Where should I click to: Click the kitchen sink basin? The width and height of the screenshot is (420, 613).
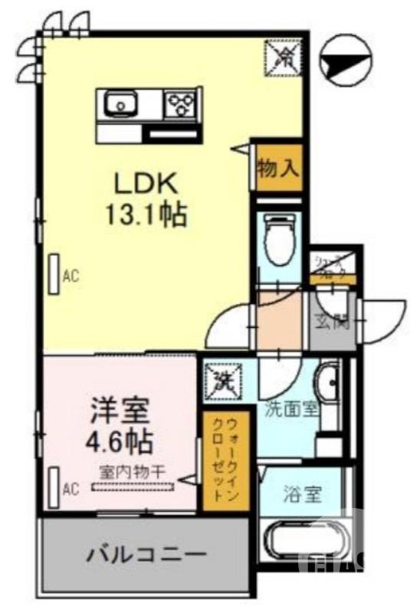coord(120,103)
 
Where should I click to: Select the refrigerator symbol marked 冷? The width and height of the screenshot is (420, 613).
coord(283,57)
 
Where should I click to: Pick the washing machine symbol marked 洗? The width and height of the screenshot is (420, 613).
coord(223,379)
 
